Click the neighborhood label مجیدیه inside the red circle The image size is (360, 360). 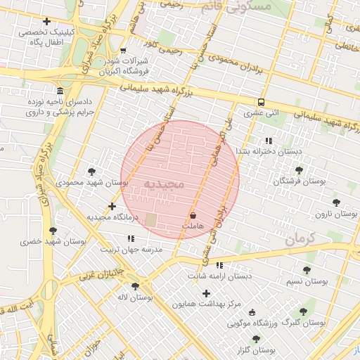pyautogui.click(x=163, y=185)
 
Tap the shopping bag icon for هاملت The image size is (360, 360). pyautogui.click(x=193, y=214)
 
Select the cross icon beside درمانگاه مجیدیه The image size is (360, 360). pyautogui.click(x=112, y=206)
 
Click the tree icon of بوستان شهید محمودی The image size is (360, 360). pyautogui.click(x=92, y=172)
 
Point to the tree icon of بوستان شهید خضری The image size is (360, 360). pyautogui.click(x=53, y=231)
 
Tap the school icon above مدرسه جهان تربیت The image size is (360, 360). pyautogui.click(x=131, y=239)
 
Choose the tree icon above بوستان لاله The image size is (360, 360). pyautogui.click(x=135, y=286)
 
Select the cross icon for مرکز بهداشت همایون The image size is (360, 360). pyautogui.click(x=206, y=293)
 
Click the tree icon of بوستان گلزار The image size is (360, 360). pyautogui.click(x=256, y=339)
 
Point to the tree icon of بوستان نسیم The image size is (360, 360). pyautogui.click(x=306, y=270)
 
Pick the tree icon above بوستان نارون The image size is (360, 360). pyautogui.click(x=336, y=202)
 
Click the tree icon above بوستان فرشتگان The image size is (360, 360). pyautogui.click(x=300, y=170)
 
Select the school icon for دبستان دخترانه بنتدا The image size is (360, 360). pyautogui.click(x=268, y=141)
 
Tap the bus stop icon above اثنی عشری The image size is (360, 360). pyautogui.click(x=262, y=101)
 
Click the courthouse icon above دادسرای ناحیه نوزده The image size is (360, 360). pyautogui.click(x=60, y=92)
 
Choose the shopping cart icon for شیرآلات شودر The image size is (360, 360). pyautogui.click(x=124, y=51)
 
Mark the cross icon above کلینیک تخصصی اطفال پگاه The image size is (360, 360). pyautogui.click(x=47, y=21)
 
